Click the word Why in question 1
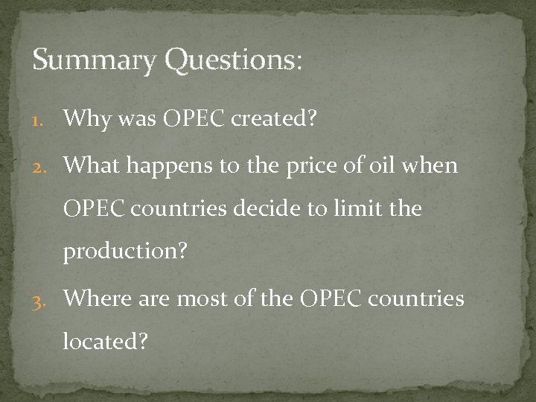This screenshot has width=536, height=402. coord(88,118)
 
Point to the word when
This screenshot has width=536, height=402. coord(433,164)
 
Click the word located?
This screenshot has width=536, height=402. coord(106,342)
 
